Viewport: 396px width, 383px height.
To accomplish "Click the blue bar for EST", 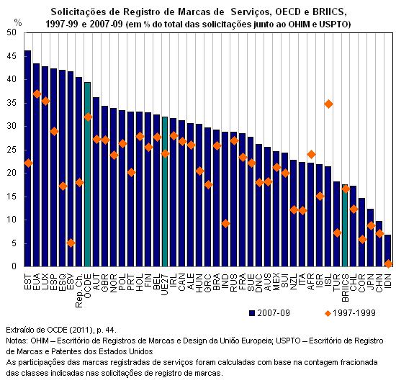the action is tap(28, 158).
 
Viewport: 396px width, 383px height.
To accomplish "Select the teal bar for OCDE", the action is tap(88, 174).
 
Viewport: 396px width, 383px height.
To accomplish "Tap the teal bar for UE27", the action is tap(165, 191).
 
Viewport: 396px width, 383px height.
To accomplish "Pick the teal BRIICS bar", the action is tap(345, 225).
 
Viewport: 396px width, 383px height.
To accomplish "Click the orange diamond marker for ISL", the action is tap(328, 104).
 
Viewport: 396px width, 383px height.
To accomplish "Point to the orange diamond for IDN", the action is tap(388, 263).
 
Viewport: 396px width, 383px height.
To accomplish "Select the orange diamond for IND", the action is tap(225, 223).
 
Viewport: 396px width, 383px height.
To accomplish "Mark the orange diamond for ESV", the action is tap(71, 243).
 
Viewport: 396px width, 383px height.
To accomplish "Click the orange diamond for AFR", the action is tap(311, 154).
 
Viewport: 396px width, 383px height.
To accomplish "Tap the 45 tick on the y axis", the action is tap(12, 56).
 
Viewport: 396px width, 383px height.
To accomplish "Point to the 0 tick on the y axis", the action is tap(14, 266).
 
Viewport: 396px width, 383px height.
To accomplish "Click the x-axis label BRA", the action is tap(217, 282).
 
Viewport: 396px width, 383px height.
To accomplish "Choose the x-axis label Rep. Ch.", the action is tap(79, 290).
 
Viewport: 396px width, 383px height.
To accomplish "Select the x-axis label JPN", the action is tap(371, 282).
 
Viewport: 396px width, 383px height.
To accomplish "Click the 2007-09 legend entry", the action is tap(269, 313).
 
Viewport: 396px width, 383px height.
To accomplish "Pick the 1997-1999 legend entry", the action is tap(351, 313).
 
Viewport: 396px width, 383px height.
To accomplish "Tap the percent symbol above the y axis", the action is tap(18, 23).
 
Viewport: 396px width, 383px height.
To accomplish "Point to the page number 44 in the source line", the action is tap(110, 330).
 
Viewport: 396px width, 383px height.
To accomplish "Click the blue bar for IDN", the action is tap(388, 251).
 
